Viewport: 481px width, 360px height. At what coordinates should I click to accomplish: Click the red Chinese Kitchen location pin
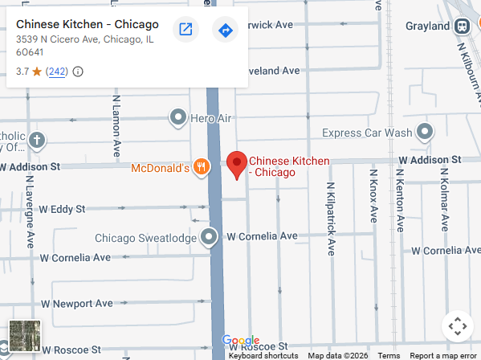(236, 164)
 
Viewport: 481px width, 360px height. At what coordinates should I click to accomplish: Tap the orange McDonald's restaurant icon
(201, 168)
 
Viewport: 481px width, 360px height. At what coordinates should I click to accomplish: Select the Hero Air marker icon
(178, 118)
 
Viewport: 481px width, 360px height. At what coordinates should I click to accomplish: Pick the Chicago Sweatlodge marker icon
(209, 237)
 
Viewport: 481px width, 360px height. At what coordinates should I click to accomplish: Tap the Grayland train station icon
(463, 26)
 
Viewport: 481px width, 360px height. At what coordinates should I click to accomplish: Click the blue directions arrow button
(225, 31)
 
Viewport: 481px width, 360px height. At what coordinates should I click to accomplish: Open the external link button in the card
(185, 31)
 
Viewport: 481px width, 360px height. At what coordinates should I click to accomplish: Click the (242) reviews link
(57, 72)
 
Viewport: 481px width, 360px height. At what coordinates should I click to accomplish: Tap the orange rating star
(37, 72)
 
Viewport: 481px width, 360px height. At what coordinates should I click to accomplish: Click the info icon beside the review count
(78, 72)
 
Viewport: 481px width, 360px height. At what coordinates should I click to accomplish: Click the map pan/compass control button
(456, 326)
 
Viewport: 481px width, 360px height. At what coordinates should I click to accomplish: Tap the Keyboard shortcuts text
(263, 355)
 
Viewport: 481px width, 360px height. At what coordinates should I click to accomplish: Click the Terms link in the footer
(389, 355)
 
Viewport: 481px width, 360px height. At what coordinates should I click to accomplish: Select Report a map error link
(442, 355)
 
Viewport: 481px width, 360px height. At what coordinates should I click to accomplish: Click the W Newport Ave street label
(83, 304)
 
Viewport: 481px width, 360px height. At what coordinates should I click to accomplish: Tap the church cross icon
(36, 141)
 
